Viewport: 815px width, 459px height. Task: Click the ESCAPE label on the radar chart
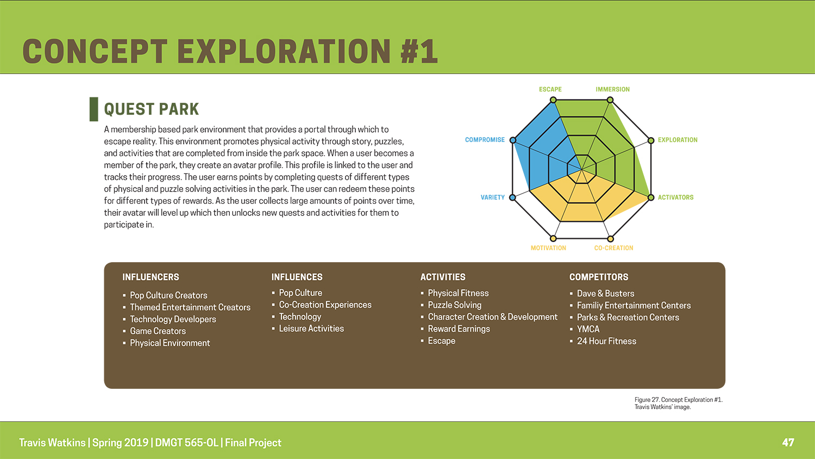[x=550, y=89]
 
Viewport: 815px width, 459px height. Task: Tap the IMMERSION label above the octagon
[x=612, y=89]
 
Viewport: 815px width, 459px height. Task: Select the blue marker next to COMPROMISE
[x=513, y=140]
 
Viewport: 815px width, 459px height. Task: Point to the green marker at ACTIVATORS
[x=651, y=197]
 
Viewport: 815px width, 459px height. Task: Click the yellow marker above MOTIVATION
[x=553, y=239]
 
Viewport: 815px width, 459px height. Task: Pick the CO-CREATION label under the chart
[x=613, y=248]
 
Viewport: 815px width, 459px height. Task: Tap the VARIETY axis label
[x=493, y=197]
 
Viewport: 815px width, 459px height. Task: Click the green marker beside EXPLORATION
[x=651, y=140]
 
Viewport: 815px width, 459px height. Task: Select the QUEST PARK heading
[x=152, y=109]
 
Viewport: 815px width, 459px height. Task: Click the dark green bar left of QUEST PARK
[x=94, y=109]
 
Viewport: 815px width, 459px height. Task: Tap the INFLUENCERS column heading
[x=151, y=277]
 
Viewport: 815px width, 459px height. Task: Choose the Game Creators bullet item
[x=158, y=331]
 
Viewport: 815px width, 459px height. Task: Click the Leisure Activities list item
[x=311, y=328]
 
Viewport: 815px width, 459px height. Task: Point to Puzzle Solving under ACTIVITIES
[x=454, y=305]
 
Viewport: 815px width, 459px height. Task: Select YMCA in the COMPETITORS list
[x=588, y=329]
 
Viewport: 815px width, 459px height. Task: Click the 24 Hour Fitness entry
[x=606, y=341]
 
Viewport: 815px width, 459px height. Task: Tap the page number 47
[x=788, y=442]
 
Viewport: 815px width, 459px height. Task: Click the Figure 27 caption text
[x=679, y=403]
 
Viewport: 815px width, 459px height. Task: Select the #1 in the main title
[x=419, y=51]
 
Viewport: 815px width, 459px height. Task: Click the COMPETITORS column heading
[x=599, y=277]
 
